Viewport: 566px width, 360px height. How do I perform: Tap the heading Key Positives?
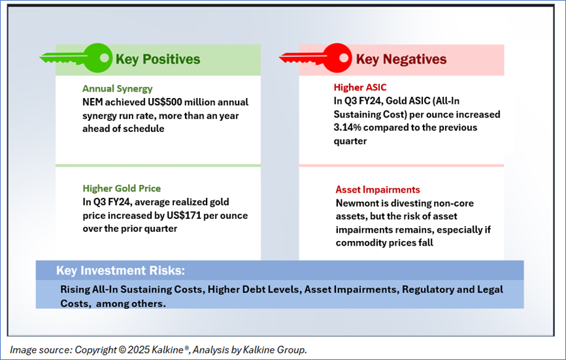(x=158, y=59)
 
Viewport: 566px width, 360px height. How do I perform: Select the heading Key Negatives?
(x=401, y=59)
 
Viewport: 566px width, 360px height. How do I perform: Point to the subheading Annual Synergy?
(x=117, y=89)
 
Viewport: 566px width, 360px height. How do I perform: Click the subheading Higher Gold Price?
(x=122, y=188)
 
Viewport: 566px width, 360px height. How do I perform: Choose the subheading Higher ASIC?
(x=360, y=88)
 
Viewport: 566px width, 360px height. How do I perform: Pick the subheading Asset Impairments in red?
(x=378, y=189)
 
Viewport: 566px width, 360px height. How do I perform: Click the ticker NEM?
(x=92, y=102)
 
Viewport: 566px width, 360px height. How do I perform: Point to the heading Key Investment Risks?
(x=120, y=270)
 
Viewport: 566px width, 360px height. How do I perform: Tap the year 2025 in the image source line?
(x=139, y=350)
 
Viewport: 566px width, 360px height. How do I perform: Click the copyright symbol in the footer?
(x=122, y=350)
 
